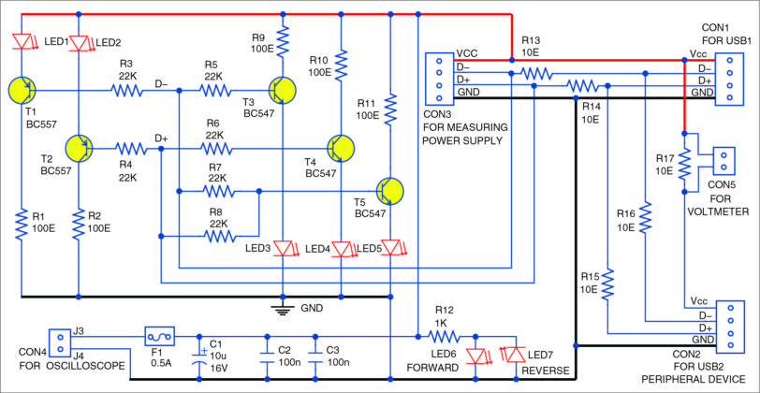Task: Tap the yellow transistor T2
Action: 80,148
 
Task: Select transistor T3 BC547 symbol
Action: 282,90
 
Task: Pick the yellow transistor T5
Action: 391,190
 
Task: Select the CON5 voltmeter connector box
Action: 725,161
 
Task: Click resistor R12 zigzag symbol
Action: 444,334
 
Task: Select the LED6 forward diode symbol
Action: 480,357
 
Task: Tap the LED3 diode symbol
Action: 282,248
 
